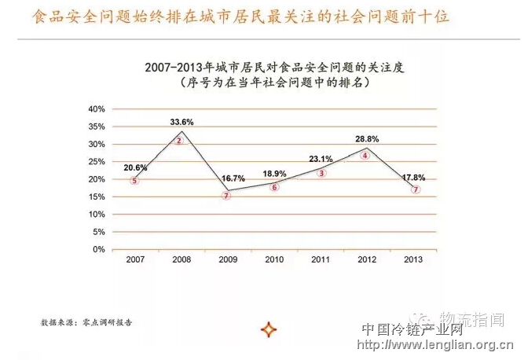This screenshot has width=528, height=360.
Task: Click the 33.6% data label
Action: point(181,122)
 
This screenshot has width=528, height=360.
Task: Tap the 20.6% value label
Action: point(135,167)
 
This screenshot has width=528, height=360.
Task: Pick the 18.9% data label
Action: point(274,173)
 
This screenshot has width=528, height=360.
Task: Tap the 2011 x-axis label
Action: point(321,259)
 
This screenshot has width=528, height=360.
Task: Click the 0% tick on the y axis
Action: point(99,249)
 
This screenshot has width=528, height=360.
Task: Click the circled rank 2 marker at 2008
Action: point(179,141)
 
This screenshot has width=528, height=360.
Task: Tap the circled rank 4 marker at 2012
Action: point(365,156)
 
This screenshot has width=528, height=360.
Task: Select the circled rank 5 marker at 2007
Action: point(134,181)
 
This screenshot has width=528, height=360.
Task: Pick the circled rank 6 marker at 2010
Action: point(274,187)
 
